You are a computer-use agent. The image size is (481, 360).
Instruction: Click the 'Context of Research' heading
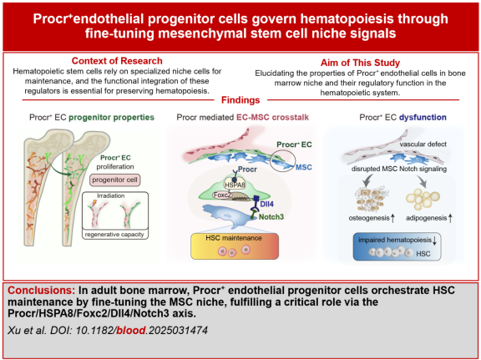tap(117, 61)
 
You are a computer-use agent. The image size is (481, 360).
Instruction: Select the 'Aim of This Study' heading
tap(360, 63)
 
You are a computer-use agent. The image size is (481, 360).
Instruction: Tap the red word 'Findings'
tap(240, 100)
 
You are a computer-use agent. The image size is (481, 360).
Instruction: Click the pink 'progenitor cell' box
tap(114, 180)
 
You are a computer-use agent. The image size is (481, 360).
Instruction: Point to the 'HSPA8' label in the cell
tap(235, 185)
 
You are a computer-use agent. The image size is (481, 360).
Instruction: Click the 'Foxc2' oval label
tap(222, 195)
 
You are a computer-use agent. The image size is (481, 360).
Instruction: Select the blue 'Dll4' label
tap(266, 204)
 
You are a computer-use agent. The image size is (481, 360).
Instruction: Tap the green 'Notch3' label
tap(271, 217)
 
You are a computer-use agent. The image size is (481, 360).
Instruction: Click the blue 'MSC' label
tap(304, 167)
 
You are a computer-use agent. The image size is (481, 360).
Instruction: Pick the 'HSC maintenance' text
tap(234, 238)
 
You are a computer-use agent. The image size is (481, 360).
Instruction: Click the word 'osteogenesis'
tap(369, 218)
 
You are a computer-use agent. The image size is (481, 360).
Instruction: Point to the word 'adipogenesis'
tap(427, 218)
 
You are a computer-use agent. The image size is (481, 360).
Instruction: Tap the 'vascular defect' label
tap(423, 145)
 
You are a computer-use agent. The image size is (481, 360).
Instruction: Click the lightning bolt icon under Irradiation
tap(94, 203)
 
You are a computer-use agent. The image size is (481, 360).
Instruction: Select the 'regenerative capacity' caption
tap(114, 234)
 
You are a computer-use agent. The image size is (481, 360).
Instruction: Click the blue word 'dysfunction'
tap(423, 117)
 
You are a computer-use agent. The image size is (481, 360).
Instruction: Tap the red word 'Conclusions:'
tap(42, 291)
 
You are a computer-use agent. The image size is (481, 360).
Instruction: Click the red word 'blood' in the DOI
tap(131, 330)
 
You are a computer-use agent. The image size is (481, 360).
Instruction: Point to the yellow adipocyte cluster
tap(423, 198)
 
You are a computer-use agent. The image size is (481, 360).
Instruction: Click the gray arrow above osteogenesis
tap(367, 180)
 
